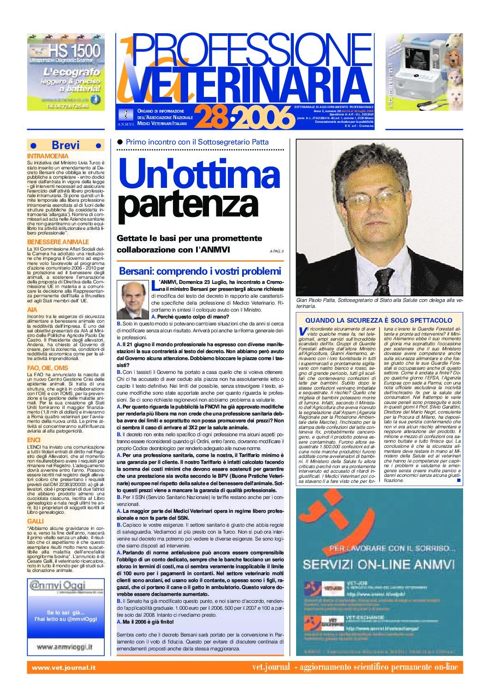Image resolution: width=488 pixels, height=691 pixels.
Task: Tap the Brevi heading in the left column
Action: (65, 145)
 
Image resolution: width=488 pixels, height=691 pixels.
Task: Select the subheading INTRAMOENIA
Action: (48, 156)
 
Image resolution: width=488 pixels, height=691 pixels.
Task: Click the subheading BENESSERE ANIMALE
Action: (58, 242)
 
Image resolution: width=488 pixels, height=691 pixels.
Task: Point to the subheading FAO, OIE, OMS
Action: (48, 368)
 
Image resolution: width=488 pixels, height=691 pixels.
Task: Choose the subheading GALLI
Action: (36, 521)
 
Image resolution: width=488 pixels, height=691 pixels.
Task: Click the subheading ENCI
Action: (34, 440)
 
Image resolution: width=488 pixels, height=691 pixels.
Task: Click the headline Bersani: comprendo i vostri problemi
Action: (200, 271)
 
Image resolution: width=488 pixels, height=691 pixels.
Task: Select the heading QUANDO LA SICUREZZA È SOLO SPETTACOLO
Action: (379, 320)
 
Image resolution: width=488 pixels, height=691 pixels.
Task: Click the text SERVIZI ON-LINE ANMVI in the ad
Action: (379, 564)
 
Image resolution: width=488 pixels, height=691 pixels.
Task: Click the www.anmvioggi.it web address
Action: (64, 647)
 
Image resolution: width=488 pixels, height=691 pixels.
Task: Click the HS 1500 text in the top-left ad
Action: (75, 50)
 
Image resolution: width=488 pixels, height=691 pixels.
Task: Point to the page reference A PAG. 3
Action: (276, 251)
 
